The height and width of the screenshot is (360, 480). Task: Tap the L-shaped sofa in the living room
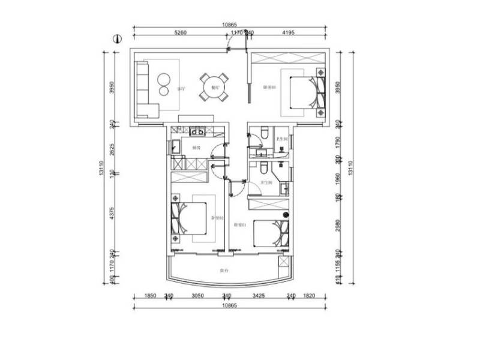click(x=144, y=90)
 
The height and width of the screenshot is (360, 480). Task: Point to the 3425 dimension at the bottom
click(x=259, y=296)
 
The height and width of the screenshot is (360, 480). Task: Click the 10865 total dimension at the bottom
click(x=229, y=305)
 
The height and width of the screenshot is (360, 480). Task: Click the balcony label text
click(x=223, y=271)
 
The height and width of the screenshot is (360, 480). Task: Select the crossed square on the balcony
click(x=284, y=262)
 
